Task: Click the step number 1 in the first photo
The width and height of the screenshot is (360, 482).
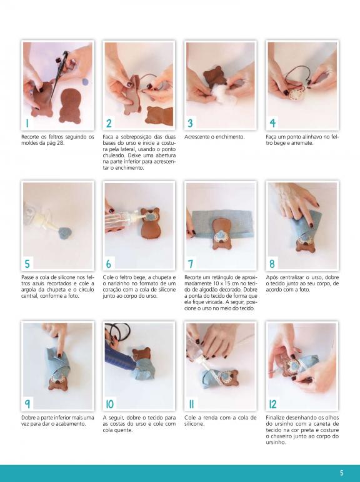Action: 27,123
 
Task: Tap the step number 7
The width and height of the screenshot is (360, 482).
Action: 191,263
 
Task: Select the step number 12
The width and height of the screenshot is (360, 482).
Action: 272,404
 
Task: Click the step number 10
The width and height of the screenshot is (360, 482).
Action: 109,404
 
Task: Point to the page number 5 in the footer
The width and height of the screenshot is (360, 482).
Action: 341,473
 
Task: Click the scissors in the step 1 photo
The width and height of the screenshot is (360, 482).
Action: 59,72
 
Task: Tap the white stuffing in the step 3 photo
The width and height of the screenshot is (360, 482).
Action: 221,92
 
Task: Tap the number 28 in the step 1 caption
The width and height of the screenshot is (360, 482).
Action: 60,143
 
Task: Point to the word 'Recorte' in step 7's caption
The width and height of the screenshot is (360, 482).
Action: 193,277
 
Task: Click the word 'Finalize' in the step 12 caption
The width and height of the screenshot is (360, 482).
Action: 275,418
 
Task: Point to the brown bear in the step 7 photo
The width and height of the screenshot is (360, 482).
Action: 221,233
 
